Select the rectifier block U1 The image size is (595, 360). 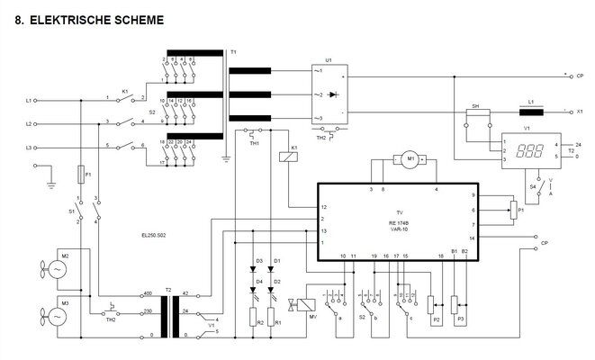tap(329, 94)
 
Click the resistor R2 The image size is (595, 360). tap(254, 320)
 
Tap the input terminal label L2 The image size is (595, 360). tap(29, 123)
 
